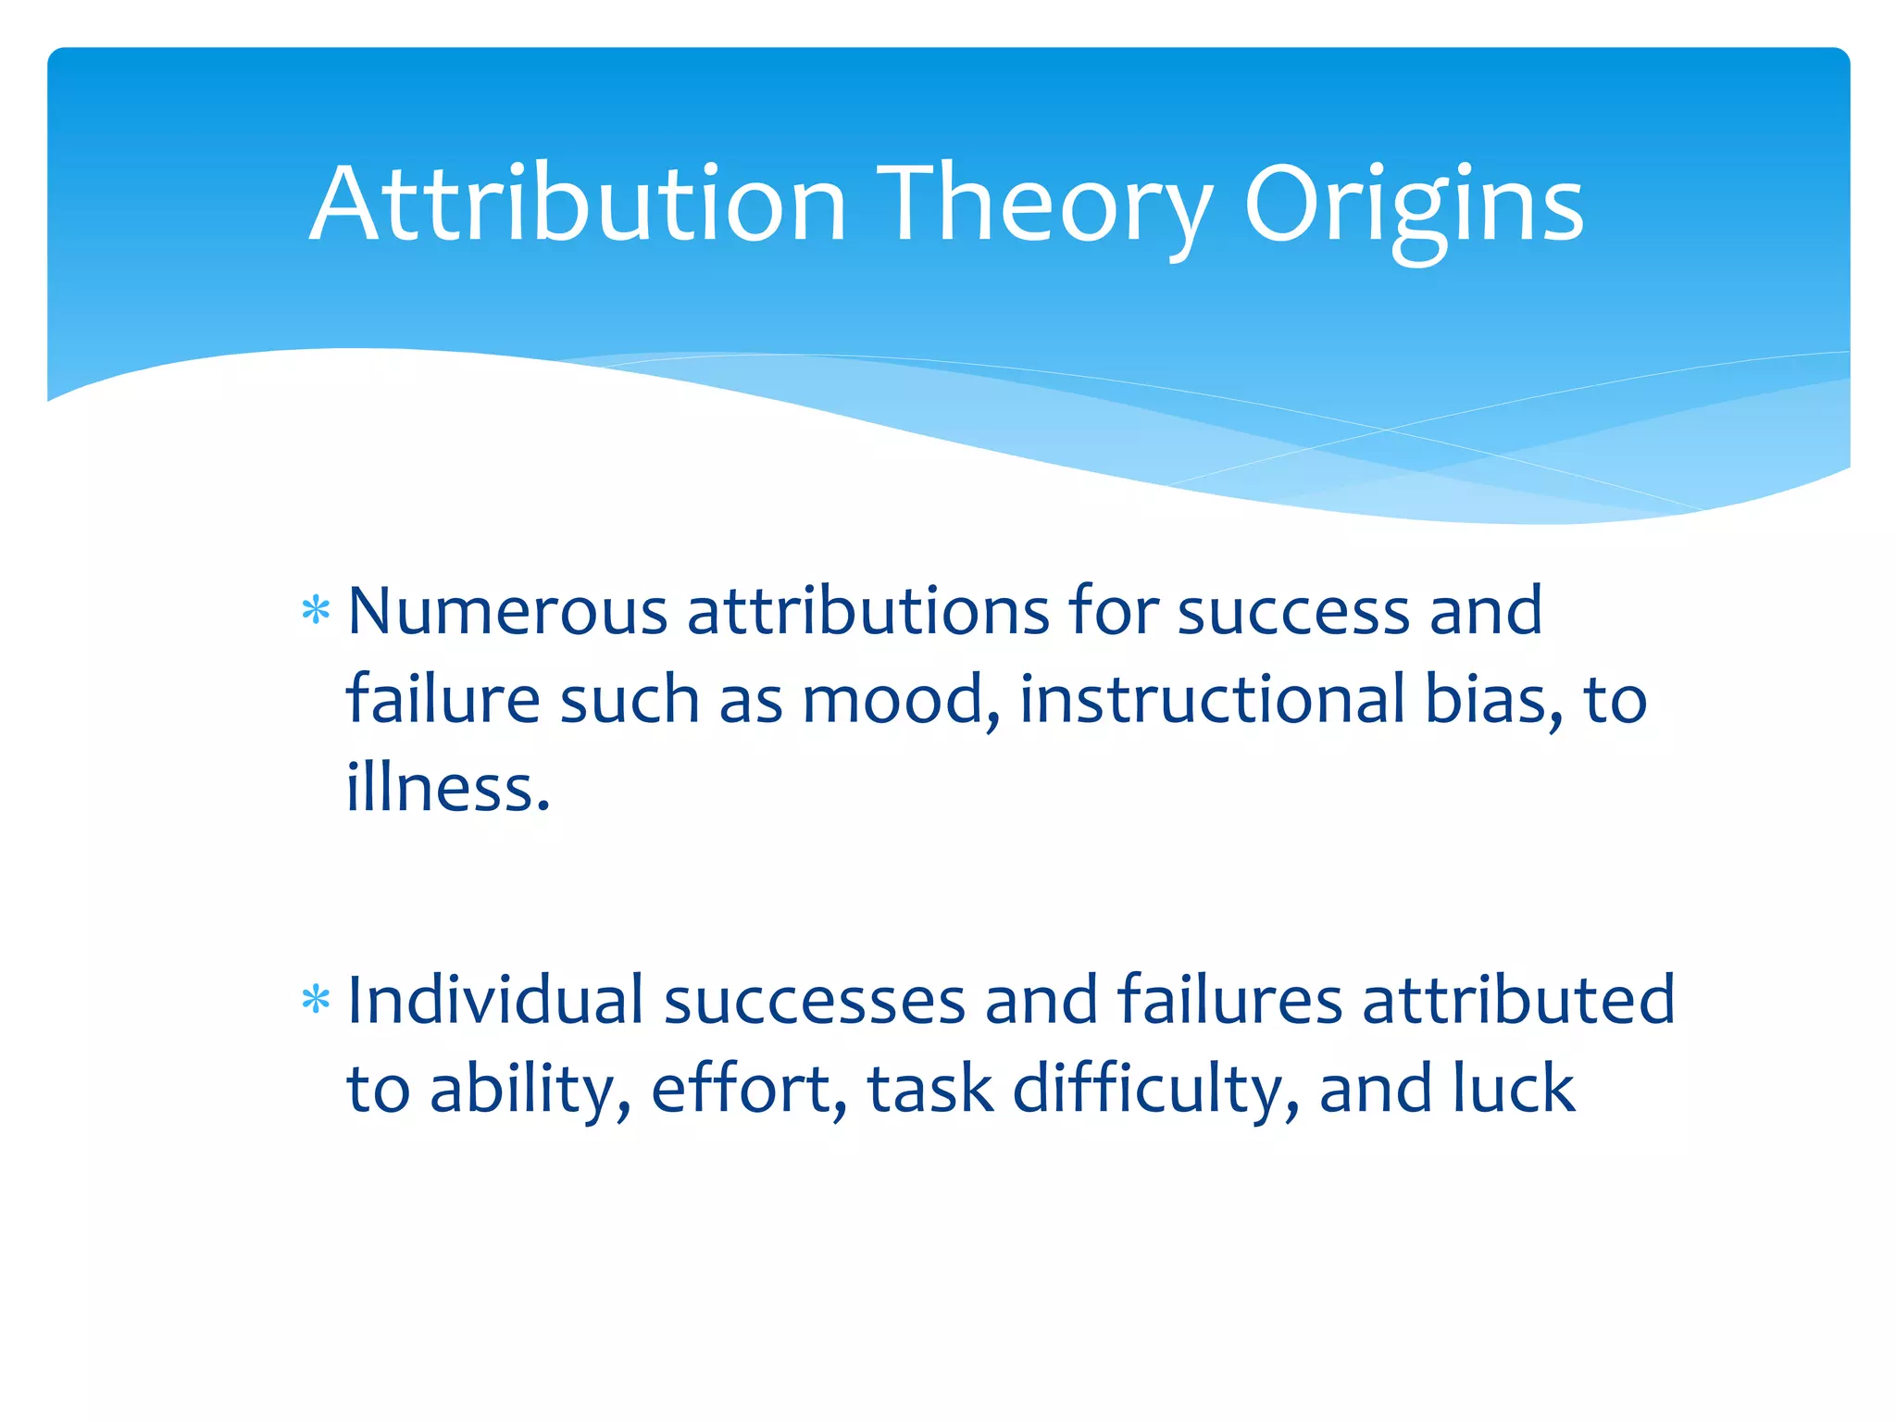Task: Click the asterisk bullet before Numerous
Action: (316, 612)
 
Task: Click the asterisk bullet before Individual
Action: (316, 1001)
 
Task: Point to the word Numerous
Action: (506, 612)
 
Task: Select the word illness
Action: (447, 788)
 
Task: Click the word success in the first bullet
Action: (1292, 612)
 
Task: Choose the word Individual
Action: (494, 1001)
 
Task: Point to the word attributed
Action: (1518, 1001)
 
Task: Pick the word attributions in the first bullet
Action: (867, 612)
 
